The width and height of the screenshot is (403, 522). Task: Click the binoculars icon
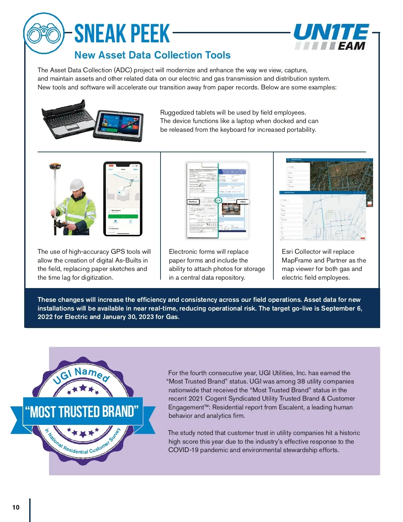click(44, 33)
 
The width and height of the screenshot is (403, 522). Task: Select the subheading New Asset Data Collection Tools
click(152, 55)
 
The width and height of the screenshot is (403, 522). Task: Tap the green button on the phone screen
click(123, 216)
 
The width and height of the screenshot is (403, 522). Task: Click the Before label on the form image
click(193, 202)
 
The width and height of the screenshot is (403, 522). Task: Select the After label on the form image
click(243, 202)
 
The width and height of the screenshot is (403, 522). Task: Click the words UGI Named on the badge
click(82, 375)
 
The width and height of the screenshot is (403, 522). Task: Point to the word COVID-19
click(183, 450)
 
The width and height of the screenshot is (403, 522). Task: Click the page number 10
click(16, 507)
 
